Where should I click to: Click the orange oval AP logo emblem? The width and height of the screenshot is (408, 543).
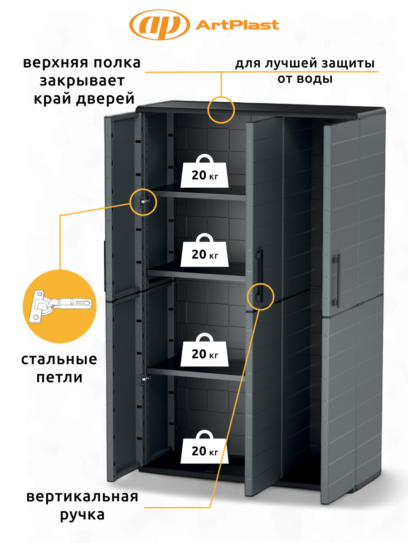point(160,25)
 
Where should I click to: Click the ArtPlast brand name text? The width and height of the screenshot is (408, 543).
point(237,25)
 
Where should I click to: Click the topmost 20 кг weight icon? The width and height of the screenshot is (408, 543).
point(204,171)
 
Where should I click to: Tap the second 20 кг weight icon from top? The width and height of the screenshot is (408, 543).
point(204,250)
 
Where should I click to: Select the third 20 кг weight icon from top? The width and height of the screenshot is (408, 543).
point(204,349)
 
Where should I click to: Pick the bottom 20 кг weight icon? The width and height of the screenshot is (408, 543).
point(204,447)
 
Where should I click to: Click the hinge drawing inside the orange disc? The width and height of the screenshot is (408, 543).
point(60,306)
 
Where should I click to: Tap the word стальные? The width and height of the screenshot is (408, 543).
point(59,360)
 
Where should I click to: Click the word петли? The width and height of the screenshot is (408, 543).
point(59,378)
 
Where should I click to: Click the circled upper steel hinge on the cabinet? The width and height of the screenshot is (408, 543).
point(145,201)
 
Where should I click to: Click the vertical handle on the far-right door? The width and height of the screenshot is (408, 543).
point(336,281)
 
